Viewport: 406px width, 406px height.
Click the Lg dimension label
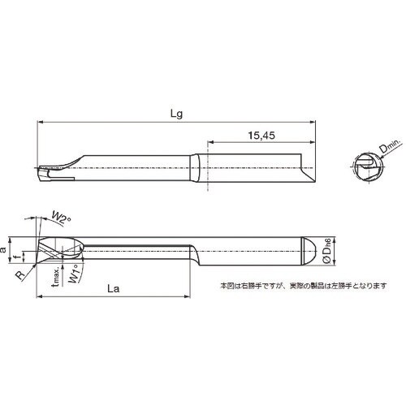tap(175, 114)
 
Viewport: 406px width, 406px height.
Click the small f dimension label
tap(24, 257)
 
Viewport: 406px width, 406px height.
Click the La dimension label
tap(114, 288)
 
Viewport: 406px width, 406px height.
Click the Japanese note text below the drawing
tap(304, 285)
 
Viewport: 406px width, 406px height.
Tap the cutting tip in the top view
tap(45, 171)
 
